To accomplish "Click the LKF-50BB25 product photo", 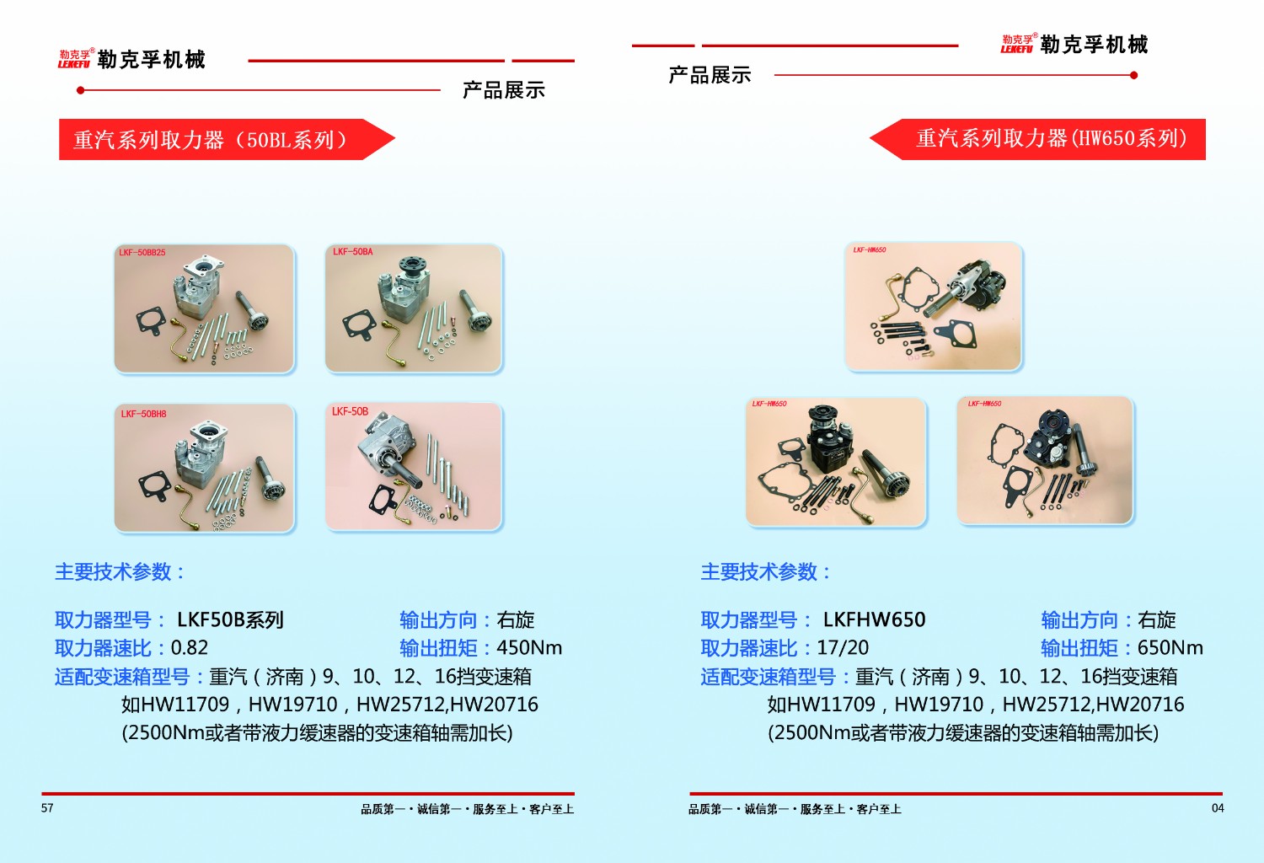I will (204, 308).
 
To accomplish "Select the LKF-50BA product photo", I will (414, 308).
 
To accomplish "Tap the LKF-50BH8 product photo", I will (205, 468).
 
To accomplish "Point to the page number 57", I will (47, 808).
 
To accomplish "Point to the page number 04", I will (1218, 808).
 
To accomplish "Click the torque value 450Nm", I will (529, 648).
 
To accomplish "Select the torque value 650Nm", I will (1170, 648).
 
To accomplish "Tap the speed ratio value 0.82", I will (190, 648).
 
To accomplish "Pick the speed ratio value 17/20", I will (843, 648).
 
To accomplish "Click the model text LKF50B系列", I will (230, 620).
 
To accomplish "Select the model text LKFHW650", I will (874, 620).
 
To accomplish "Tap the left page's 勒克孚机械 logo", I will (132, 59).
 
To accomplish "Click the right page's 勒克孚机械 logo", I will (1074, 45).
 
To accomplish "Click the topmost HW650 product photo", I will (934, 307).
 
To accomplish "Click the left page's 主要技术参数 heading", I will (119, 572).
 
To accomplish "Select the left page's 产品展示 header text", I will (504, 90).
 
